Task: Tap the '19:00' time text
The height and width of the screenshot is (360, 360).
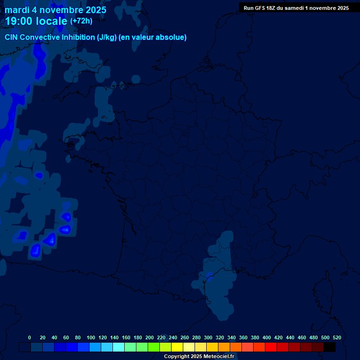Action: coord(19,21)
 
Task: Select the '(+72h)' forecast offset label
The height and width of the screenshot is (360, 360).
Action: coord(81,21)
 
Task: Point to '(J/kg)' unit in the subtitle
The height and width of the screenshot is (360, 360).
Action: coord(108,37)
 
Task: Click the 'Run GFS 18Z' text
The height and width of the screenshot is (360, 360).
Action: coord(259,8)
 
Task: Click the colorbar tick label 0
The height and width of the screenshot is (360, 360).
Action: coord(30,337)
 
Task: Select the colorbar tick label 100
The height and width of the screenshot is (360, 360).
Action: coord(91,337)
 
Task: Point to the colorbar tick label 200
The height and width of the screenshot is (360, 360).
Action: coord(150,337)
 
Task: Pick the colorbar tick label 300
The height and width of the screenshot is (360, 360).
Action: coord(208,337)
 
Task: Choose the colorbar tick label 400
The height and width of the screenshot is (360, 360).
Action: coord(267,337)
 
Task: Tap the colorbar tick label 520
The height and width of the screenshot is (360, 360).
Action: coord(337,337)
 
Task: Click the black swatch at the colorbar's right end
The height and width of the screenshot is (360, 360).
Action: coord(330,347)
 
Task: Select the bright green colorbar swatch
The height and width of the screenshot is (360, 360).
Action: coord(154,347)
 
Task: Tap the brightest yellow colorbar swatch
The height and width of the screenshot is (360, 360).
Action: coord(177,347)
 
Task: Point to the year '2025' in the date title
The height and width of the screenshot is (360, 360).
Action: coord(94,10)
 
